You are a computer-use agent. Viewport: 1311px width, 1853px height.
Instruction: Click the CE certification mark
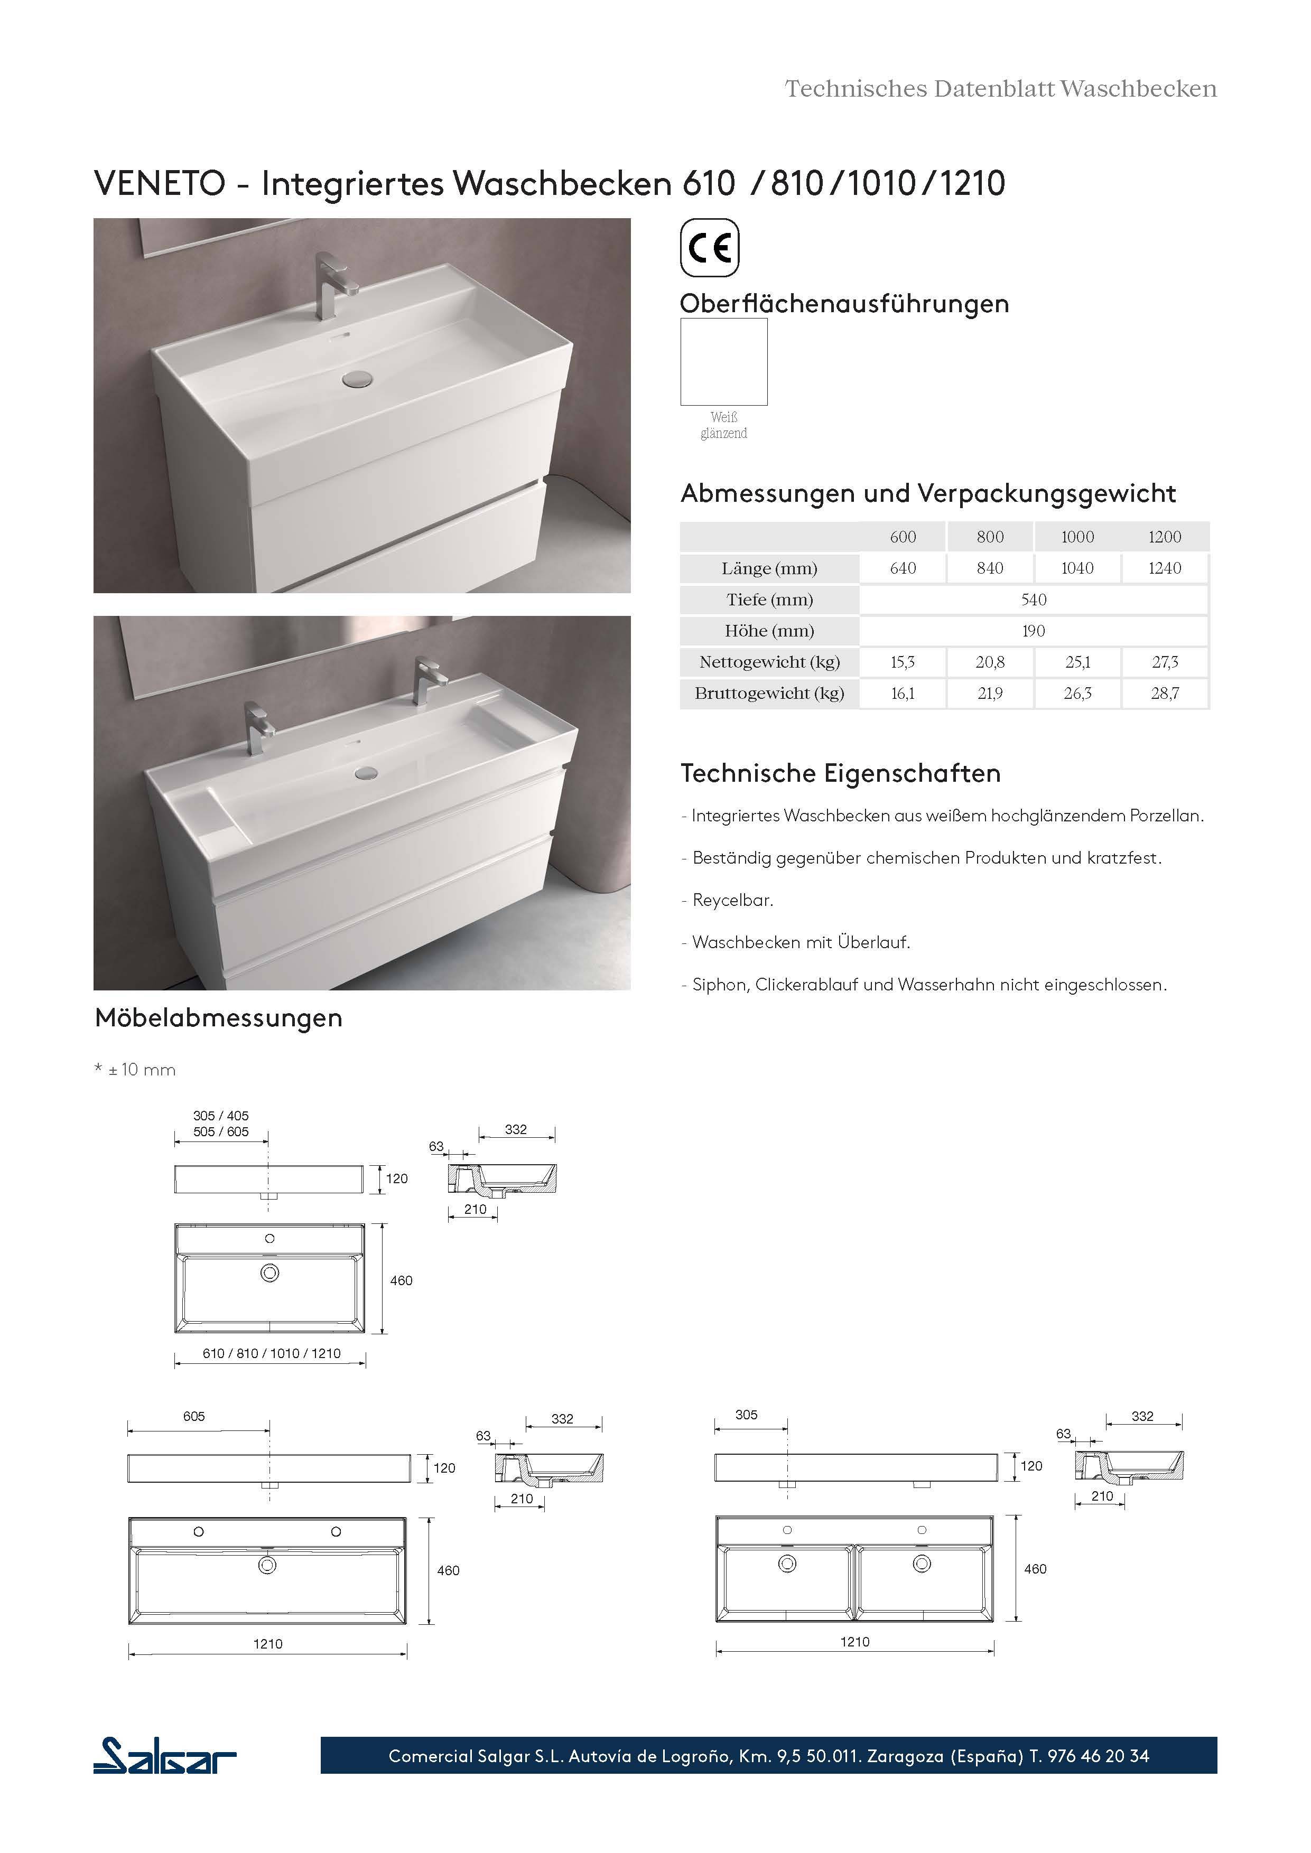click(x=710, y=248)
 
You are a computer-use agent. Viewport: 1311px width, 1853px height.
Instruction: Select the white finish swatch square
click(x=723, y=361)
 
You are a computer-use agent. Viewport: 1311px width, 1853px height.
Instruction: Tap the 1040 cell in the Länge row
click(x=1077, y=568)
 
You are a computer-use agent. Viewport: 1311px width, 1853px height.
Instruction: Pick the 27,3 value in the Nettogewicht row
click(x=1164, y=662)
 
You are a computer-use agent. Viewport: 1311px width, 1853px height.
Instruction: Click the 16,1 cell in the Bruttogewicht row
click(x=903, y=693)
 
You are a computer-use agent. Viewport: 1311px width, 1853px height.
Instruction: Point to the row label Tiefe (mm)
click(x=769, y=600)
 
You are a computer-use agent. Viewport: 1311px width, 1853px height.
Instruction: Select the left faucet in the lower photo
click(x=258, y=726)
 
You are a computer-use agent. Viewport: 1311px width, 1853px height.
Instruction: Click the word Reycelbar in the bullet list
click(x=732, y=901)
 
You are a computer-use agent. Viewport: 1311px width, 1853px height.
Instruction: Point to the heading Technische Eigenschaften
click(x=840, y=773)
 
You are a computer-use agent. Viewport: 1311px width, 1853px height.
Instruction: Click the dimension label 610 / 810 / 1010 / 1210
click(x=271, y=1353)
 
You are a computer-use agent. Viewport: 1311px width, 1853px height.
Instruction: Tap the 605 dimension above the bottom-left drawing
click(x=194, y=1416)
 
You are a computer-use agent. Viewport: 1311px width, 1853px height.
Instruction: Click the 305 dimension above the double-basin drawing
click(x=746, y=1415)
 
